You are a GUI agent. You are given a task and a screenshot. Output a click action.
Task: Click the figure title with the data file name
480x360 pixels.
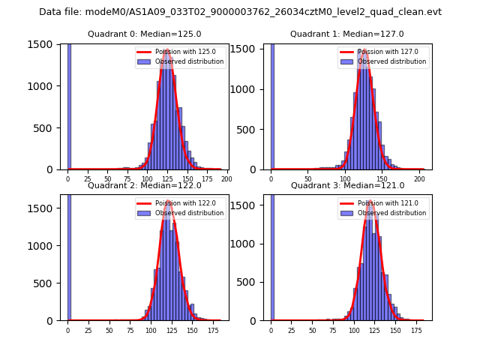tap(240, 12)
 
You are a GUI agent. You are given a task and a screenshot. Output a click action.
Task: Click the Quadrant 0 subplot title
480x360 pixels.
tap(144, 34)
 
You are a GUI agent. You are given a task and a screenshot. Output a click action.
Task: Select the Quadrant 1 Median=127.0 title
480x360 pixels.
tap(347, 34)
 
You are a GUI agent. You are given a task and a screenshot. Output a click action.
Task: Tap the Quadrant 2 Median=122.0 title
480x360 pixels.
tap(144, 185)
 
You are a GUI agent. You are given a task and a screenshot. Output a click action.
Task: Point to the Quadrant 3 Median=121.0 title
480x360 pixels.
tap(347, 185)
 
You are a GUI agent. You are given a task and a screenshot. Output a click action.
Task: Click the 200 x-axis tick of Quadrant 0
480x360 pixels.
tap(226, 179)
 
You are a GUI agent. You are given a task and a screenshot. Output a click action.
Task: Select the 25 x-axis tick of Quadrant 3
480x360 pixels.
tap(292, 330)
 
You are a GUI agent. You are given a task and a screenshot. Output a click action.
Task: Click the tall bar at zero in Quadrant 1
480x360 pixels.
tap(272, 105)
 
